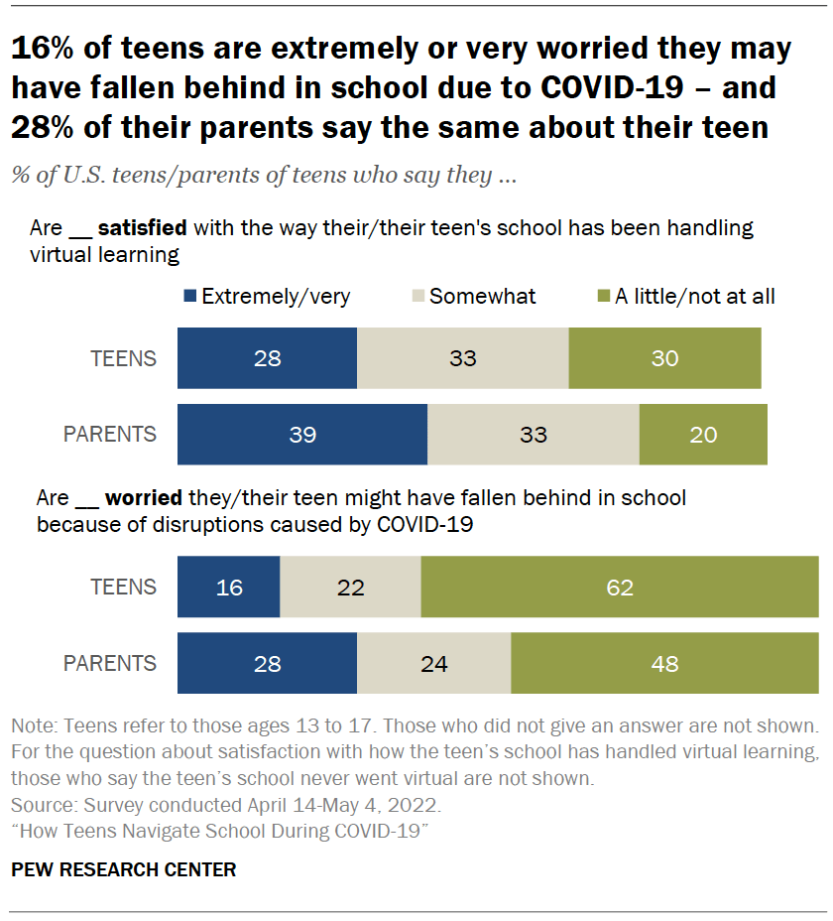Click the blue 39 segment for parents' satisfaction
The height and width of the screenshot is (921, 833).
302,435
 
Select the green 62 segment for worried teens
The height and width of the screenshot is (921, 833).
620,588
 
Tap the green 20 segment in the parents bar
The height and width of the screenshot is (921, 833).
703,435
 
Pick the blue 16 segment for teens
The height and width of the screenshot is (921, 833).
229,588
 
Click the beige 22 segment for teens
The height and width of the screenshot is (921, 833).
350,588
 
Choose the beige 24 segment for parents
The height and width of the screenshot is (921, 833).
433,664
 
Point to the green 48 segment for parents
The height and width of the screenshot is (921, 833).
664,664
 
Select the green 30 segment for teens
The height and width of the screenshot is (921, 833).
664,358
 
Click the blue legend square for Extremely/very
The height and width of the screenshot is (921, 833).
189,296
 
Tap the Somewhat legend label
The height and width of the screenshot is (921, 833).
482,296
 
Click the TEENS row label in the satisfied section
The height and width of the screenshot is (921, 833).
123,358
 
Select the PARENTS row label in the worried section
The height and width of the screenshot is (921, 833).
111,664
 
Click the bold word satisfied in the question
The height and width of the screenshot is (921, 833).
142,228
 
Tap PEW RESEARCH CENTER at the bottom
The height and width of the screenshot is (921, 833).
124,870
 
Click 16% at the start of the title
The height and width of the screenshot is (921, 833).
41,49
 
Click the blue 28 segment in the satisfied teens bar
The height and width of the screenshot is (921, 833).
267,358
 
